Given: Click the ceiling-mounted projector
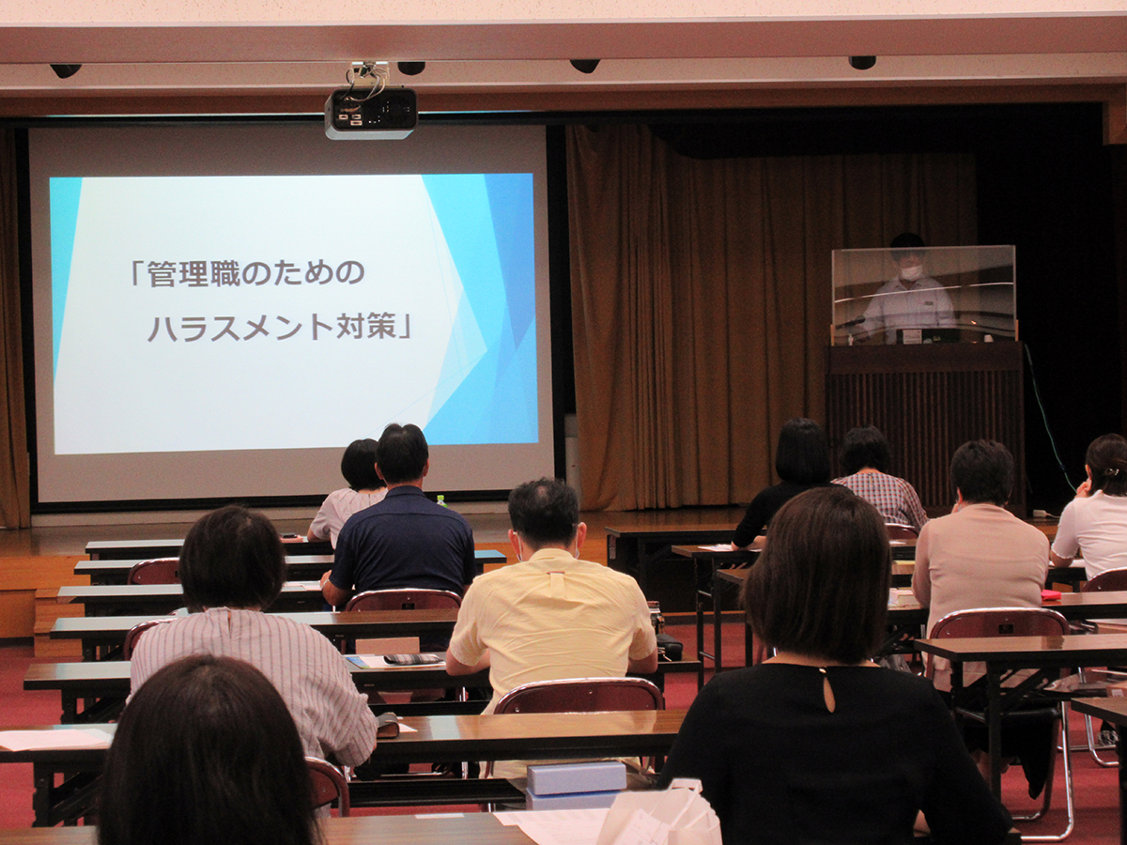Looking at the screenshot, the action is point(371,112).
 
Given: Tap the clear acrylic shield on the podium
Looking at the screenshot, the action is point(923,295).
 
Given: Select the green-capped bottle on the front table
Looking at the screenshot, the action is point(440,500).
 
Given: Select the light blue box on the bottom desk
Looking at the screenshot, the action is point(576,779).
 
